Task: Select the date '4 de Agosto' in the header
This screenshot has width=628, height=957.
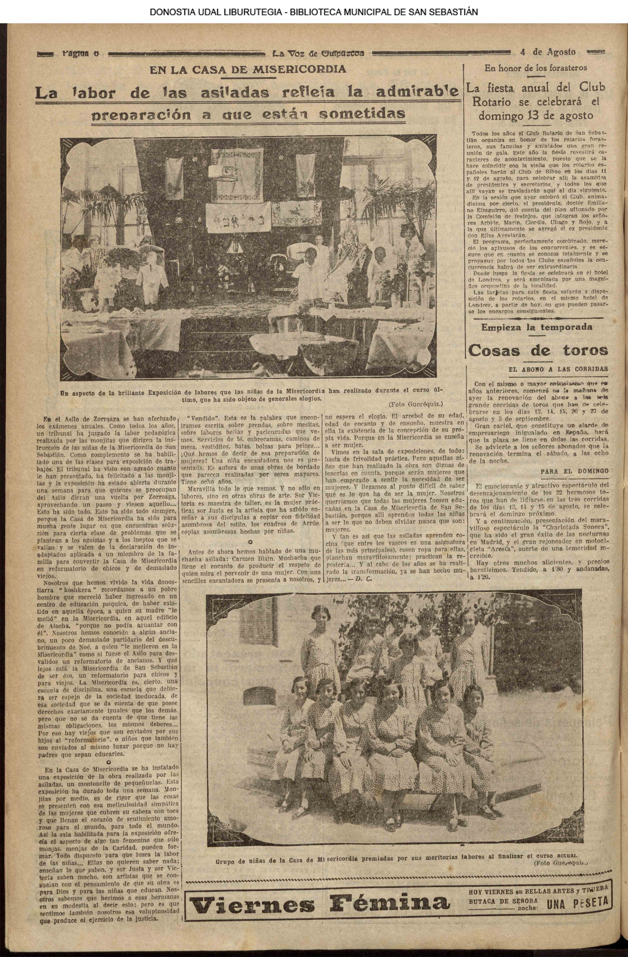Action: point(548,52)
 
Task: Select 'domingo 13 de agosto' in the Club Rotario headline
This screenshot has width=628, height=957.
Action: point(536,116)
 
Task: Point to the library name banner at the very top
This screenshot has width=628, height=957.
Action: point(314,12)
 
